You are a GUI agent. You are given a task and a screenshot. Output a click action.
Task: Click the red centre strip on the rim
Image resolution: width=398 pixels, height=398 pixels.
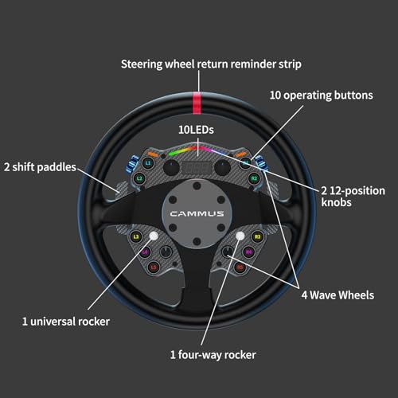(x=197, y=103)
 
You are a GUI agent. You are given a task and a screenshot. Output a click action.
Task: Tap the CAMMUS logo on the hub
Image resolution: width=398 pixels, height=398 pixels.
(x=197, y=213)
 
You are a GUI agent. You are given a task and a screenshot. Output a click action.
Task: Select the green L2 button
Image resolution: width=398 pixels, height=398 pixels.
(x=140, y=178)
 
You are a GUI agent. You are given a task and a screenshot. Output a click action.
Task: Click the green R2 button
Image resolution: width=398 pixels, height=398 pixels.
(x=254, y=178)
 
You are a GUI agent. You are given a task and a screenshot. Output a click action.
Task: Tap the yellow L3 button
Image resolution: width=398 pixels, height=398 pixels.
(x=136, y=236)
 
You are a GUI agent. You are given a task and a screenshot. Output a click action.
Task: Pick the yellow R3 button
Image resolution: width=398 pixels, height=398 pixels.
(x=257, y=236)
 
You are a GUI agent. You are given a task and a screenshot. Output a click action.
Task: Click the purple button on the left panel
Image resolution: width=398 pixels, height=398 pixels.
(x=145, y=252)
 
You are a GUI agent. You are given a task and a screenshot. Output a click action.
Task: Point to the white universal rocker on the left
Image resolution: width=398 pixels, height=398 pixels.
(x=154, y=236)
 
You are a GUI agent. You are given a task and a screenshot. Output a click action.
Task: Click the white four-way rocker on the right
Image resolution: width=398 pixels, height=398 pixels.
(x=240, y=236)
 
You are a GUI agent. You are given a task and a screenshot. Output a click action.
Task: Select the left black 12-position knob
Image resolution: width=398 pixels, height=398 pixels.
(x=171, y=167)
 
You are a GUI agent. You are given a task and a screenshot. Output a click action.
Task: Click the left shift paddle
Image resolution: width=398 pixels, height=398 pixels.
(x=121, y=189)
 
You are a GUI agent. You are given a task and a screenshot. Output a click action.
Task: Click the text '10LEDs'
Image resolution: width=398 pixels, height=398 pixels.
(x=196, y=130)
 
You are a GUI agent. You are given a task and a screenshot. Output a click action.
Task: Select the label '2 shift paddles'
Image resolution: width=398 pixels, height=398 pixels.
(x=40, y=167)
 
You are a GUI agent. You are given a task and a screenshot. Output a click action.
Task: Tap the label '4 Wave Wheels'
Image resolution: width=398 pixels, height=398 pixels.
(x=338, y=295)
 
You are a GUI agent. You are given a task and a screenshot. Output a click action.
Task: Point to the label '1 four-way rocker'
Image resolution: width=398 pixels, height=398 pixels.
(x=213, y=355)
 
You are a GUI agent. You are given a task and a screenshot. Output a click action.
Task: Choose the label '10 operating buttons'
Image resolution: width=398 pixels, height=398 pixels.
(x=322, y=96)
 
